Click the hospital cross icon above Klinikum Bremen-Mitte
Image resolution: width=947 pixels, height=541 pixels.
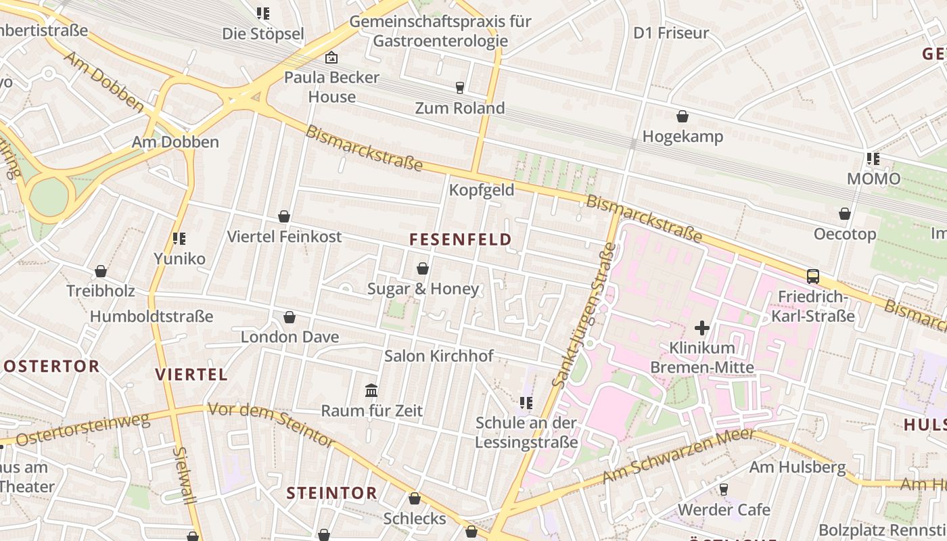click(702, 328)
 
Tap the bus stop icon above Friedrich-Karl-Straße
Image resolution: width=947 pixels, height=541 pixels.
click(813, 276)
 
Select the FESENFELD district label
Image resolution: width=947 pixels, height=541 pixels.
click(460, 239)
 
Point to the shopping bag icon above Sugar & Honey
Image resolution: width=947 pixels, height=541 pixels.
click(423, 268)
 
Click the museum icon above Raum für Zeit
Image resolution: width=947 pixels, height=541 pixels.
click(371, 390)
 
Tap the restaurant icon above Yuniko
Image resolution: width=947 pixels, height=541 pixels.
click(179, 238)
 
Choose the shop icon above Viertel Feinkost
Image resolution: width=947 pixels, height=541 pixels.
click(284, 216)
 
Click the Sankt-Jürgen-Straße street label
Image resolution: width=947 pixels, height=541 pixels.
click(584, 315)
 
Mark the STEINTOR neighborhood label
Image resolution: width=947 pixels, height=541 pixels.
click(331, 493)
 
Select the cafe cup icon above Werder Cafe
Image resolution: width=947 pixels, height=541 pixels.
click(723, 489)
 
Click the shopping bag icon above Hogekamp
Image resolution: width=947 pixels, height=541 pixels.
click(683, 116)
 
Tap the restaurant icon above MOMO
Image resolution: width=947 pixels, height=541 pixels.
click(873, 159)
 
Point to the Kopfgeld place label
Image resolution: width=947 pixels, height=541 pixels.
click(482, 190)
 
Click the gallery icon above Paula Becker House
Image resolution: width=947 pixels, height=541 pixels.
click(331, 57)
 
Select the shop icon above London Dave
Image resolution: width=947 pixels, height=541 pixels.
click(290, 317)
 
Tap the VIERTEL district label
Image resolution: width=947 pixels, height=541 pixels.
click(191, 375)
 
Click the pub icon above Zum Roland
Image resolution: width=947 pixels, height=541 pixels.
click(460, 87)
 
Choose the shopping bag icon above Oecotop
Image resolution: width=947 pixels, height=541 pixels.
click(845, 214)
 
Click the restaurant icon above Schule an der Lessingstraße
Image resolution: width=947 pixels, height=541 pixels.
click(526, 403)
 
